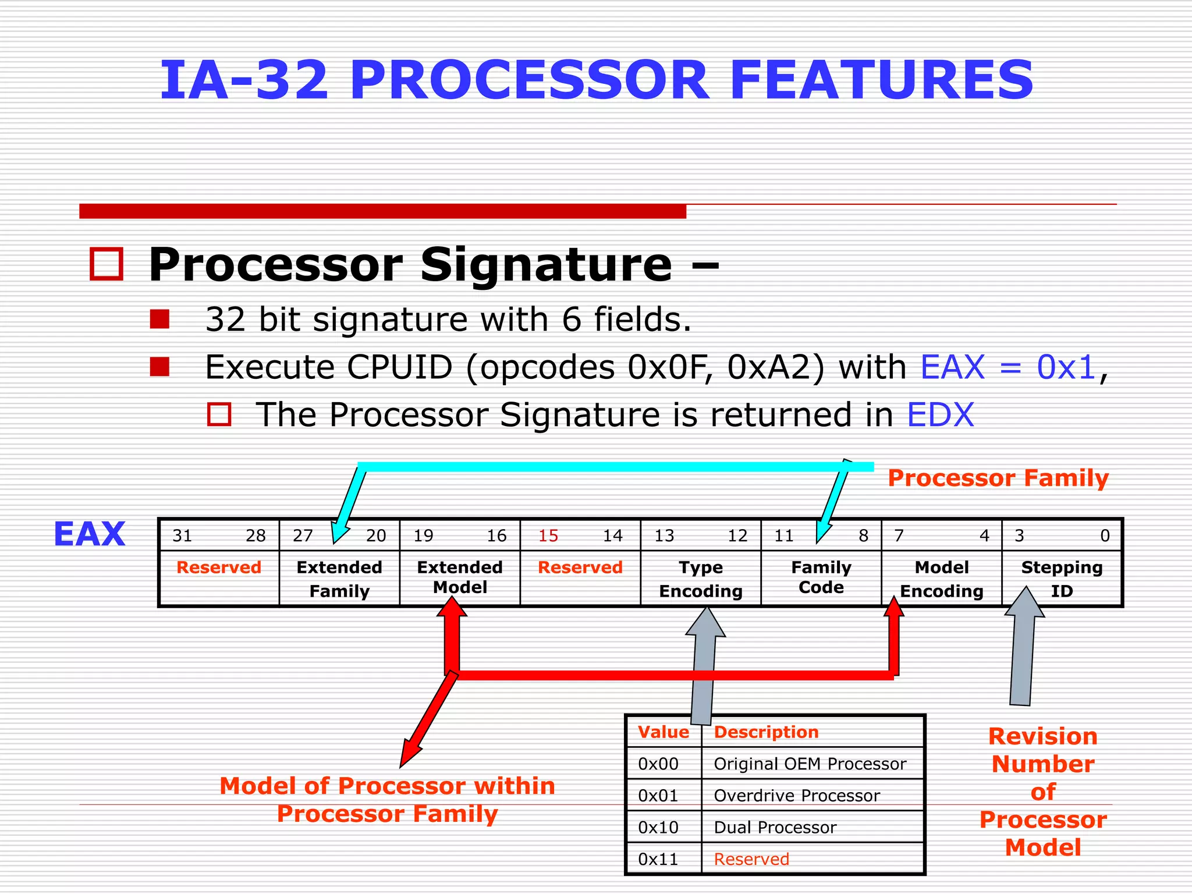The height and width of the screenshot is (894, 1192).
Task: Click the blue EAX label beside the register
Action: click(x=89, y=534)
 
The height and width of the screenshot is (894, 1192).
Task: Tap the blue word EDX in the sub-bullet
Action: click(x=940, y=415)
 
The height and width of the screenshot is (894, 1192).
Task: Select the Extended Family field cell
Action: click(x=339, y=579)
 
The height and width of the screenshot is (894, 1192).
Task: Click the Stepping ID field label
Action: click(x=1062, y=579)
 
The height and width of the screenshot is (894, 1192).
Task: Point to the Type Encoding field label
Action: click(x=701, y=579)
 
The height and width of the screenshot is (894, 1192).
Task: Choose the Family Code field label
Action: click(x=821, y=577)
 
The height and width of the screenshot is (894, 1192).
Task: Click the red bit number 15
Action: click(x=548, y=535)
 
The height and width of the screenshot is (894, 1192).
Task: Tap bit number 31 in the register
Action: click(x=182, y=535)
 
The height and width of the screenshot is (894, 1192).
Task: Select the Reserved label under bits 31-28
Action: click(x=219, y=567)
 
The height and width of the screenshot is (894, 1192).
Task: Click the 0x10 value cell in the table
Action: click(x=658, y=827)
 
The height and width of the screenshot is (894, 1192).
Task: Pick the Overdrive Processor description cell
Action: click(x=796, y=796)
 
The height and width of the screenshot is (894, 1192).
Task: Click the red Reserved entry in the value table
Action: click(x=751, y=859)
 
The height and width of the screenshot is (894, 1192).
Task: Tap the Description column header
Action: click(x=766, y=732)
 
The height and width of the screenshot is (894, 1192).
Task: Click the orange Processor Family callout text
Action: click(x=998, y=478)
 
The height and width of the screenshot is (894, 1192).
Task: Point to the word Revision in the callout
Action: click(x=1042, y=736)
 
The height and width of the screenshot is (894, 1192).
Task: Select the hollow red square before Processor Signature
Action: click(x=107, y=264)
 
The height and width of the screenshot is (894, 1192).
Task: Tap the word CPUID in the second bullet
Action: click(x=399, y=367)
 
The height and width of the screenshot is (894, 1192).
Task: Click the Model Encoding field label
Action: click(x=941, y=579)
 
